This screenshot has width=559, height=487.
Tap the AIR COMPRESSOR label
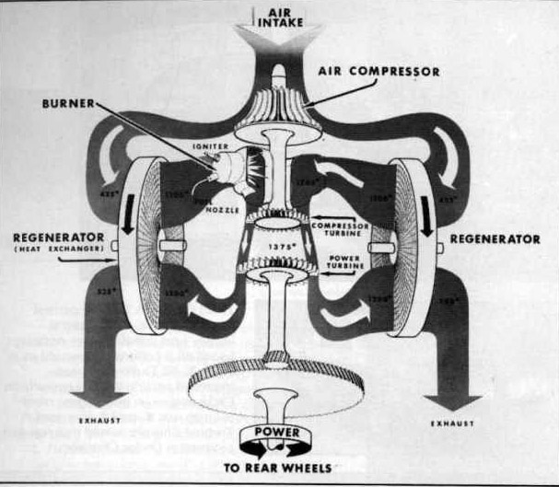[x=378, y=71]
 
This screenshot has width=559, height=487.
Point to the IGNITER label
[x=204, y=146]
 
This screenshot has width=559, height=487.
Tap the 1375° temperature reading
[x=280, y=247]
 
